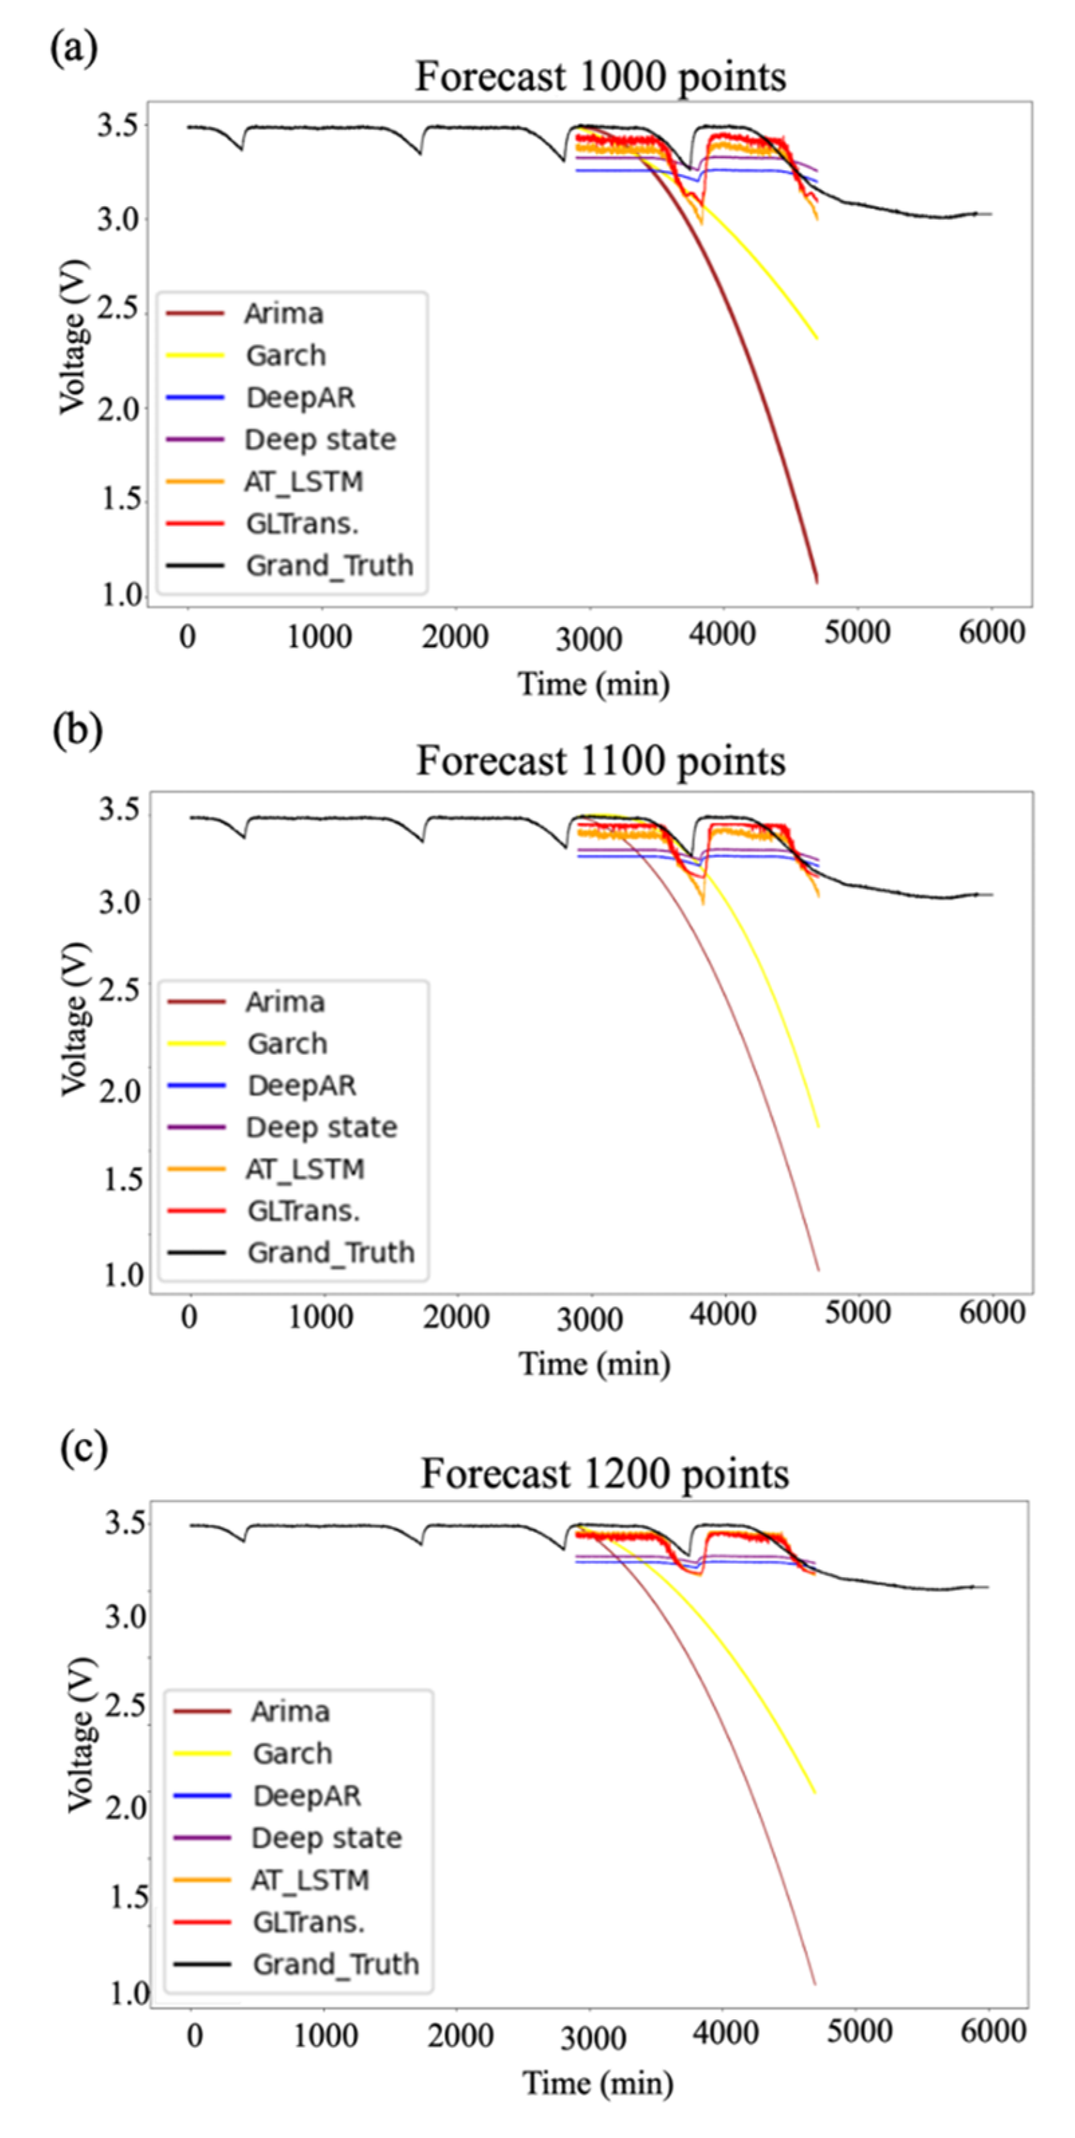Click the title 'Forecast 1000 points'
[x=600, y=76]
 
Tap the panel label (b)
[x=77, y=730]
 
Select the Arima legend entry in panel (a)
[x=283, y=314]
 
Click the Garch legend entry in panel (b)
[x=286, y=1043]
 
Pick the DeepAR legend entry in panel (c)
[x=306, y=1795]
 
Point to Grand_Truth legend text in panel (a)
[x=328, y=565]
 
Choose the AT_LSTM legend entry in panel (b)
[x=305, y=1168]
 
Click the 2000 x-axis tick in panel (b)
[x=455, y=1317]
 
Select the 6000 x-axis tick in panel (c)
[x=993, y=2031]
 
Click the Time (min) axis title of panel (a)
[x=594, y=685]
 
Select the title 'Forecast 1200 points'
[x=605, y=1474]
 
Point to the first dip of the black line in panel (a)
[x=241, y=149]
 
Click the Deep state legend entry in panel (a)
[x=320, y=439]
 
